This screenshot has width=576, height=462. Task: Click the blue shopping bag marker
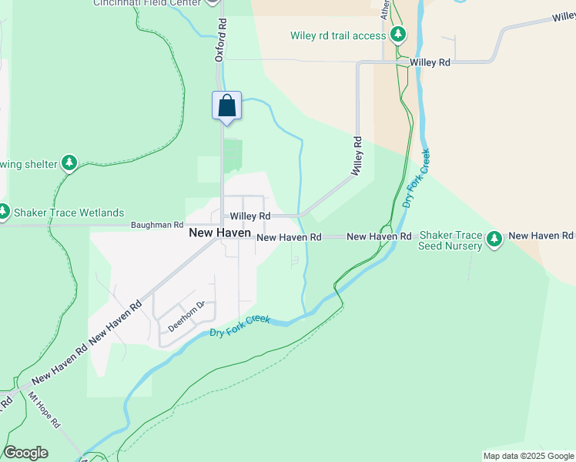(x=227, y=105)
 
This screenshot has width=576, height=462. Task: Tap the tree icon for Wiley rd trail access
(x=398, y=35)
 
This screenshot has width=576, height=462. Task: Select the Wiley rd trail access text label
(x=337, y=35)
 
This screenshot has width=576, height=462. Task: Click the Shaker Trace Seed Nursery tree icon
(x=494, y=240)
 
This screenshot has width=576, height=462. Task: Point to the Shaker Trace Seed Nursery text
(x=450, y=241)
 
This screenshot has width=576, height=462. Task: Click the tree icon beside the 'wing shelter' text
(x=70, y=163)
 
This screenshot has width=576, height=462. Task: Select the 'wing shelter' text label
(x=29, y=164)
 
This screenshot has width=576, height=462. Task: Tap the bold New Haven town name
(x=220, y=231)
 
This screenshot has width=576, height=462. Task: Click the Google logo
(x=25, y=453)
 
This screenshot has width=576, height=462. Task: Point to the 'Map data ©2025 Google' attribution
(x=527, y=456)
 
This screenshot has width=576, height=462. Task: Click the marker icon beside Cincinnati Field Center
(x=213, y=2)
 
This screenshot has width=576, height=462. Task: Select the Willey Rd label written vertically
(x=357, y=157)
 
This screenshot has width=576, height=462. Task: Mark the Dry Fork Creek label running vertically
(x=415, y=179)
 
